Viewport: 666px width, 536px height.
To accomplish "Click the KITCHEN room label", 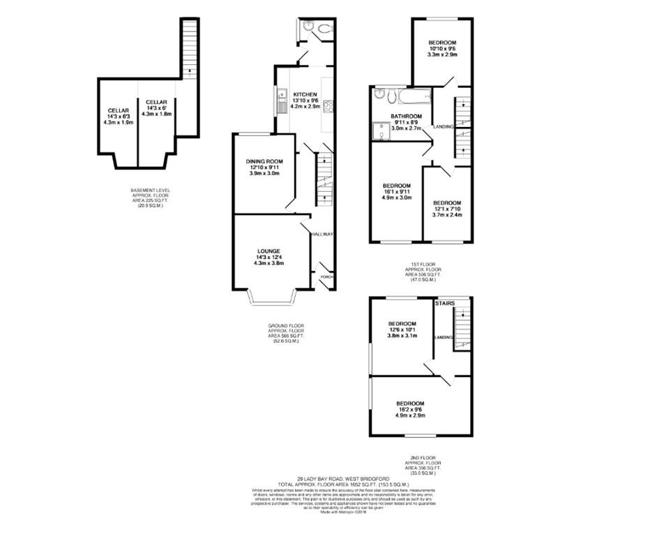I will [305, 94].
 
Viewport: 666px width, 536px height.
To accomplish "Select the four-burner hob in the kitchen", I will [327, 106].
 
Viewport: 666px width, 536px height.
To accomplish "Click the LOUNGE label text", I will [268, 251].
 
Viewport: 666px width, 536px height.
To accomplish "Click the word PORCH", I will [325, 277].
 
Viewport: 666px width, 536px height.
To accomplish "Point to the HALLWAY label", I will [323, 234].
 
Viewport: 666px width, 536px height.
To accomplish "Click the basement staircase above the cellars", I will [188, 45].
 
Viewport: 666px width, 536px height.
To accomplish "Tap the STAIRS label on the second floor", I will [444, 304].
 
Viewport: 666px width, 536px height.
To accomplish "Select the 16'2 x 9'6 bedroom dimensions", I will [410, 410].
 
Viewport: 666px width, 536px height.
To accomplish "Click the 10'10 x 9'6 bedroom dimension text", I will [442, 48].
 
